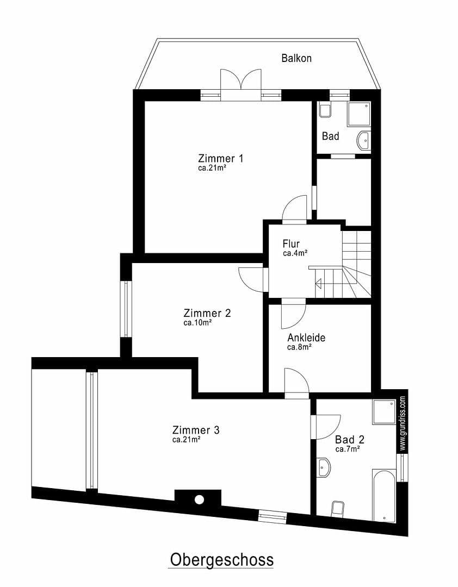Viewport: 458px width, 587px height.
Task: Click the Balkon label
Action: click(296, 58)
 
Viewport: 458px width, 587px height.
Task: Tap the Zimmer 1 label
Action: click(220, 159)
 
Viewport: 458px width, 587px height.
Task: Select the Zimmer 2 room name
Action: click(207, 313)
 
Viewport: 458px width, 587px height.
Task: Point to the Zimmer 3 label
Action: click(196, 430)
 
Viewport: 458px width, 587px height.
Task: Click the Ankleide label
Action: click(306, 338)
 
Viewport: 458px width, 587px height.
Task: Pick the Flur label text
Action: click(291, 244)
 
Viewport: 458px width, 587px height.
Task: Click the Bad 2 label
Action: click(350, 440)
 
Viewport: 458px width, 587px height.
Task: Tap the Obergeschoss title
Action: click(221, 559)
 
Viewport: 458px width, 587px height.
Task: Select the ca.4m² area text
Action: click(295, 253)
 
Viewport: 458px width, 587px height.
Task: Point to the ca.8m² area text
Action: click(299, 347)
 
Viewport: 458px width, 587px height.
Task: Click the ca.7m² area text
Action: click(347, 449)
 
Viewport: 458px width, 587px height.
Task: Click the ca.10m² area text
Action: click(197, 322)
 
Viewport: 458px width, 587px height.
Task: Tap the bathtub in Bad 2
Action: click(384, 495)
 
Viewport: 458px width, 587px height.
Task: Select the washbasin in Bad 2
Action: click(324, 467)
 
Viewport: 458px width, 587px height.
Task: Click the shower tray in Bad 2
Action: click(384, 412)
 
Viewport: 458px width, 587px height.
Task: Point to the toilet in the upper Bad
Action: click(326, 110)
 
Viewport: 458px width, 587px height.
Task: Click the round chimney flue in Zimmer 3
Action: click(199, 499)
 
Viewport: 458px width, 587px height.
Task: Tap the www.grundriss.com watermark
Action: click(403, 423)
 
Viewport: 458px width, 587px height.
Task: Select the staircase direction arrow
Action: click(318, 283)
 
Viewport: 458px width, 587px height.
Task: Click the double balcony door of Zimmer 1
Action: click(241, 85)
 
